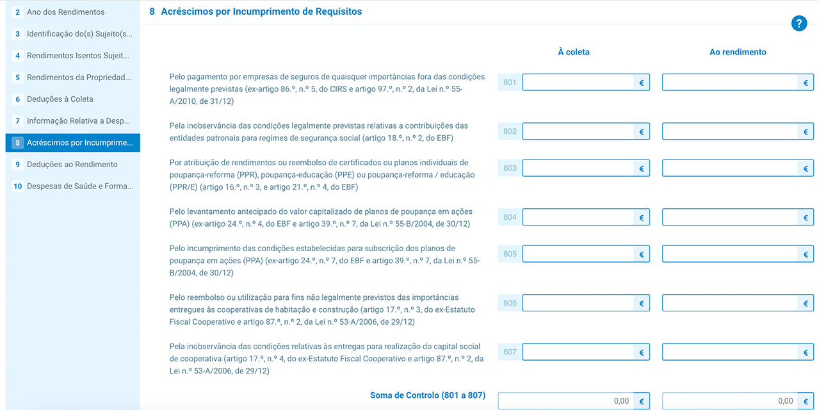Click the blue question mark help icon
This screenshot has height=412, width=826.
pos(798,24)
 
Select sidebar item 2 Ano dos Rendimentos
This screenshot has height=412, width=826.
pos(65,12)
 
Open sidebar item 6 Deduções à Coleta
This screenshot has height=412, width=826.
pos(60,99)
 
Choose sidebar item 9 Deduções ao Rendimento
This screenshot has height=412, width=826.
pos(72,165)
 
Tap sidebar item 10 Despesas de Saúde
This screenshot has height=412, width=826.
pos(79,186)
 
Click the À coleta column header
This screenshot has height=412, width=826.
pos(573,52)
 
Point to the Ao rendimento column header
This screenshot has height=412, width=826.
pos(738,52)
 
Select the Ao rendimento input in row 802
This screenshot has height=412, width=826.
pos(730,131)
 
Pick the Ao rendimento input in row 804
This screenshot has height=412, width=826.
pos(730,217)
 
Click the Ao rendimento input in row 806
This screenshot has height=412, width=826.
pos(730,303)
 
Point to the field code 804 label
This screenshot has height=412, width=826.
pos(510,217)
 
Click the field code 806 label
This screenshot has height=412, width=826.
pos(510,303)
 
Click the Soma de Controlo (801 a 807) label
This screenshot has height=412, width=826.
pos(427,395)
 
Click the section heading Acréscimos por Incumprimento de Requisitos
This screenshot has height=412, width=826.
pos(261,12)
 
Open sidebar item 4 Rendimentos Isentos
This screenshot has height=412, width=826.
pos(77,56)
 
